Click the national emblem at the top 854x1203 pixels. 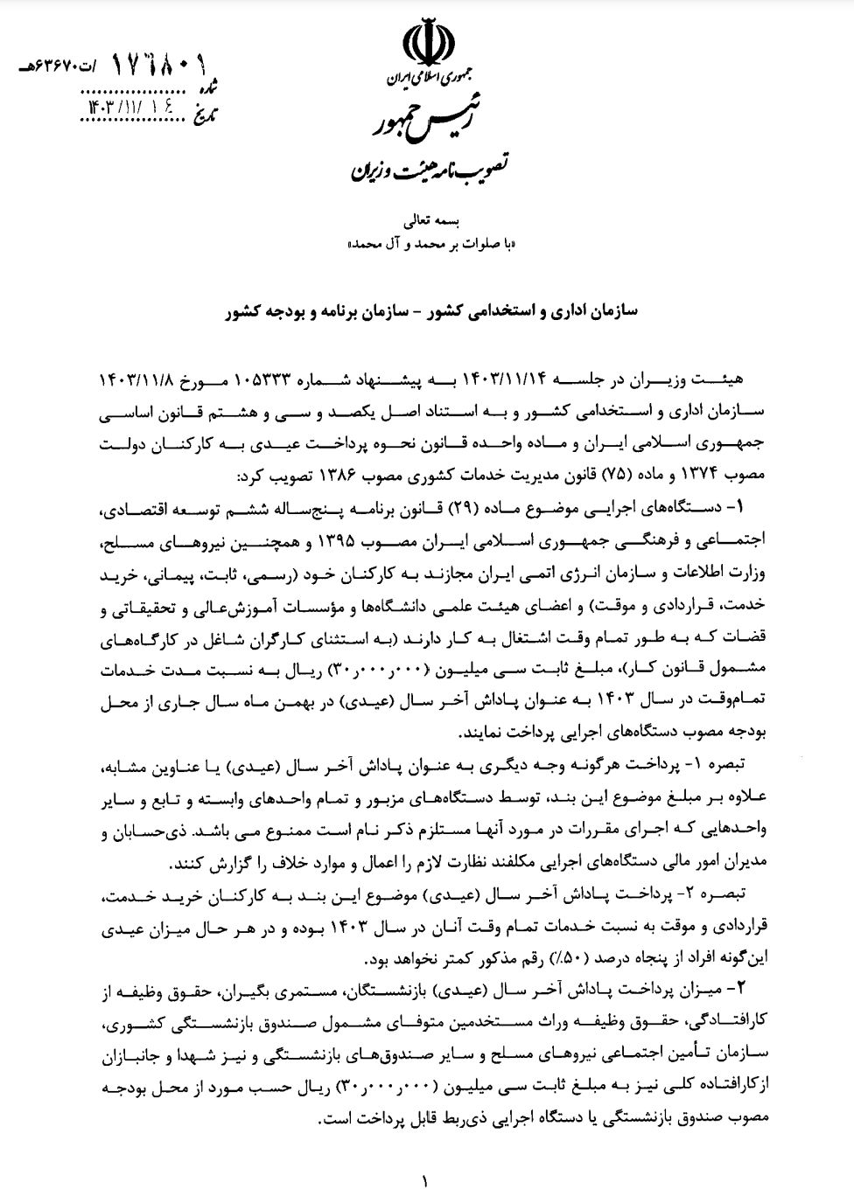tap(427, 44)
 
